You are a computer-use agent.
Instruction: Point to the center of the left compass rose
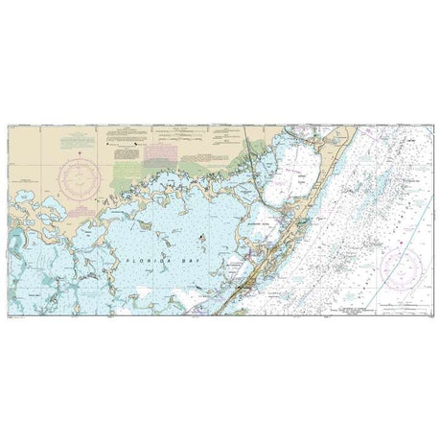[x=76, y=176]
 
